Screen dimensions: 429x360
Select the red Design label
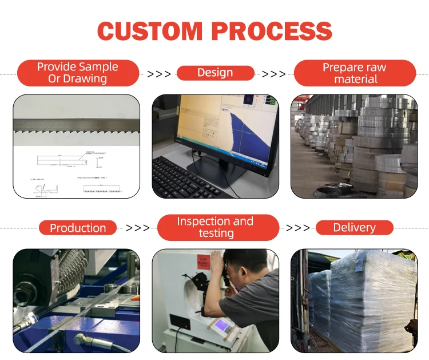point(215,73)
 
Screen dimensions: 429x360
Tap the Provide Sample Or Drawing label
point(78,73)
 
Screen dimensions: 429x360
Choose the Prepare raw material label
point(354,73)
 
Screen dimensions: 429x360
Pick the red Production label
point(78,228)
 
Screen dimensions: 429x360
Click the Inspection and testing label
point(215,227)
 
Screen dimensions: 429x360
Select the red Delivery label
point(354,227)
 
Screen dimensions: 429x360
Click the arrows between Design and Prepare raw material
point(273,74)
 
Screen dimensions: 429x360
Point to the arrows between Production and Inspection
point(137,228)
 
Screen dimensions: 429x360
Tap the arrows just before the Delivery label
point(297,228)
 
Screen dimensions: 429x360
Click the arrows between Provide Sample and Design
point(158,74)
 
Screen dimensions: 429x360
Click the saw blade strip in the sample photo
point(76,123)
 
